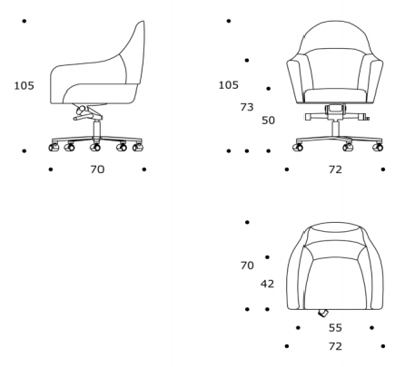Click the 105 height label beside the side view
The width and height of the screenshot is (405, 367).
(x=25, y=86)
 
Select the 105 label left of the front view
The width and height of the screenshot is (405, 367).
(x=229, y=85)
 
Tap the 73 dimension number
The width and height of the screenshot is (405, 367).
(x=247, y=107)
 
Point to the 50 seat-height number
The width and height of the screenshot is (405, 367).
(x=268, y=121)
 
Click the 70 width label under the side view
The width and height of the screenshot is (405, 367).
(x=97, y=169)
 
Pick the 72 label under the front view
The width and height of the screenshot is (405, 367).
(x=335, y=169)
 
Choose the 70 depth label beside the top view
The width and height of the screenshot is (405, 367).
(x=247, y=266)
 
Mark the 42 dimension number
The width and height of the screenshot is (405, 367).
(x=267, y=284)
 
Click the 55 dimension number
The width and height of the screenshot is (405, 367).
(x=335, y=328)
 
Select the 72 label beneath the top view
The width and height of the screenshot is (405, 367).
(x=335, y=346)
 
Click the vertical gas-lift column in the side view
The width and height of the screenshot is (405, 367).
(x=96, y=130)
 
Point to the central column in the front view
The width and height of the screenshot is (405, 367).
(x=335, y=129)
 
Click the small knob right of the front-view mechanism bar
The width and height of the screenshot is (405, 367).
(x=367, y=119)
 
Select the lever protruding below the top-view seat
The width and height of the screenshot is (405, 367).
(x=323, y=314)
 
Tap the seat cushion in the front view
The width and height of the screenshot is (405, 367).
(x=335, y=95)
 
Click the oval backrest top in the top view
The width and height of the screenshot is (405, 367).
(x=336, y=227)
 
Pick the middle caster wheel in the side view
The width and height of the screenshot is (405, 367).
(x=95, y=148)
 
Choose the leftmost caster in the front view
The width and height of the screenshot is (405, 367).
(x=298, y=148)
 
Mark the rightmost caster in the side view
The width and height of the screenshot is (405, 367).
(x=138, y=148)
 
